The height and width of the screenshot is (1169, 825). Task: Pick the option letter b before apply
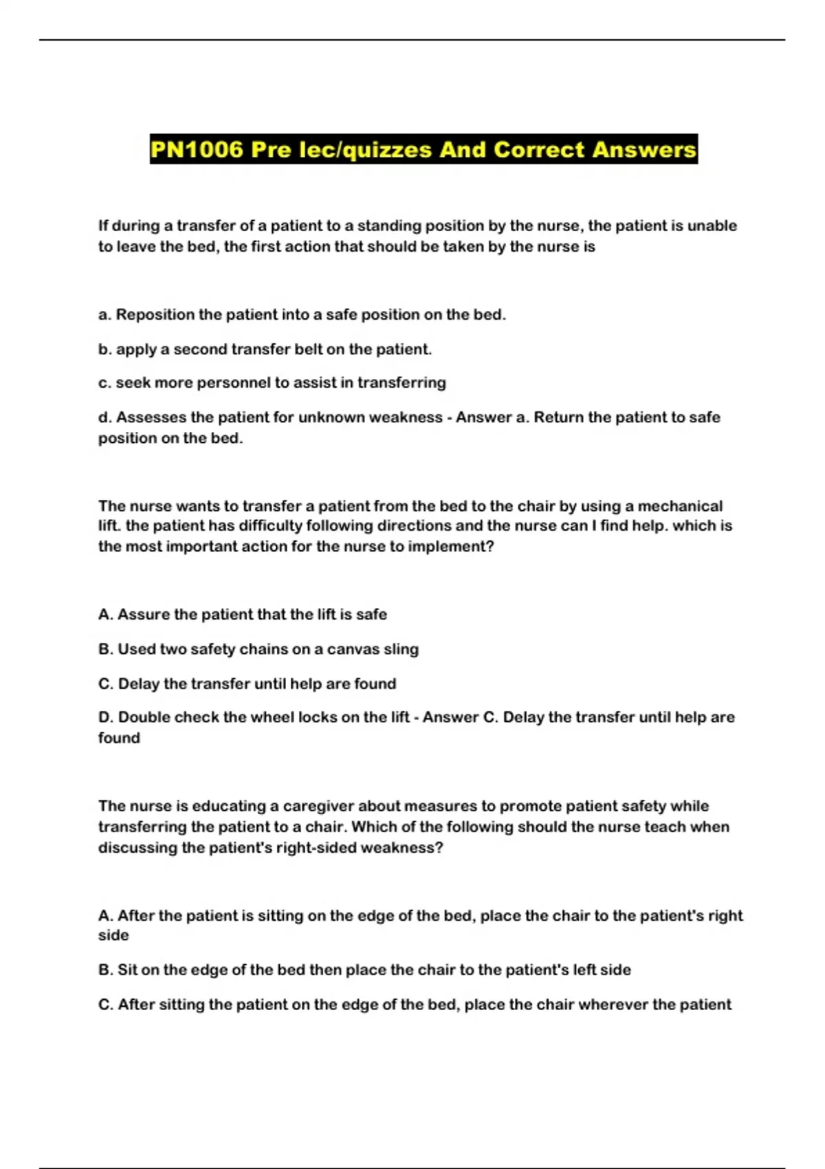(104, 349)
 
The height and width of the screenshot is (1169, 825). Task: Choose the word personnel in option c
(234, 383)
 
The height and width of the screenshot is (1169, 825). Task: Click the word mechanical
(680, 506)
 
